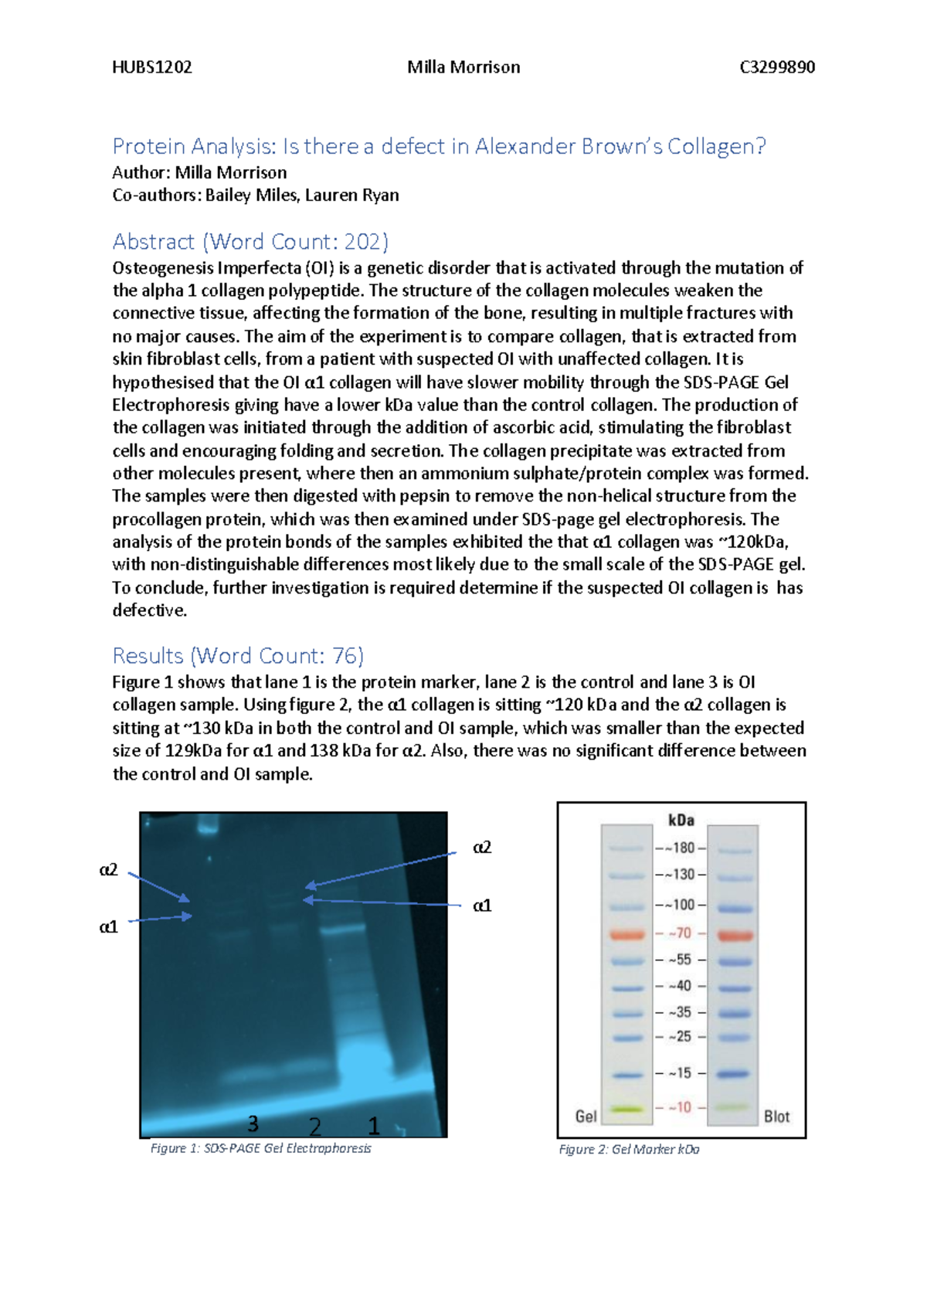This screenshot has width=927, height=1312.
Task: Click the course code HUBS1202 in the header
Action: pyautogui.click(x=152, y=67)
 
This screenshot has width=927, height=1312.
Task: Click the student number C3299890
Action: pyautogui.click(x=776, y=67)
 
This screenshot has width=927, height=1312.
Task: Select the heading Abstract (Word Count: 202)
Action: pyautogui.click(x=250, y=242)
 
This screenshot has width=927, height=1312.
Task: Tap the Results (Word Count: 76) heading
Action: pyautogui.click(x=238, y=656)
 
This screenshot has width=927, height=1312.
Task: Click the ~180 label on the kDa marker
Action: pyautogui.click(x=682, y=848)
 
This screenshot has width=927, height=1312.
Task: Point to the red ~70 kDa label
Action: pyautogui.click(x=681, y=933)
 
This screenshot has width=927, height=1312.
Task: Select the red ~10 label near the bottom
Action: pyautogui.click(x=681, y=1107)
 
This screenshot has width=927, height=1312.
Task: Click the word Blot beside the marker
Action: pyautogui.click(x=776, y=1117)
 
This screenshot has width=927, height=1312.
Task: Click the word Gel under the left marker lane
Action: pyautogui.click(x=586, y=1117)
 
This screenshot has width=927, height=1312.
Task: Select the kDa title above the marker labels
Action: pyautogui.click(x=681, y=821)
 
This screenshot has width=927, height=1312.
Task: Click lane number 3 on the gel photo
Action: pyautogui.click(x=253, y=1123)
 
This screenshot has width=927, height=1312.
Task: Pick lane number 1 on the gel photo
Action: pyautogui.click(x=374, y=1126)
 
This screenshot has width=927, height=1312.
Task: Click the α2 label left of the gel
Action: pyautogui.click(x=109, y=870)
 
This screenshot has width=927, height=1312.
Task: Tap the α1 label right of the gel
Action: pyautogui.click(x=482, y=905)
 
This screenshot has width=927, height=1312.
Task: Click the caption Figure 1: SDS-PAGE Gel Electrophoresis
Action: pyautogui.click(x=260, y=1148)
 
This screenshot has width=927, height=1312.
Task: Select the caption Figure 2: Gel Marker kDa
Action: pyautogui.click(x=629, y=1150)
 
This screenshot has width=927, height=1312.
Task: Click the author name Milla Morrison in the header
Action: pyautogui.click(x=463, y=67)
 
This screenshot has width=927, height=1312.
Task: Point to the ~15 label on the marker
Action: pyautogui.click(x=681, y=1073)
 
